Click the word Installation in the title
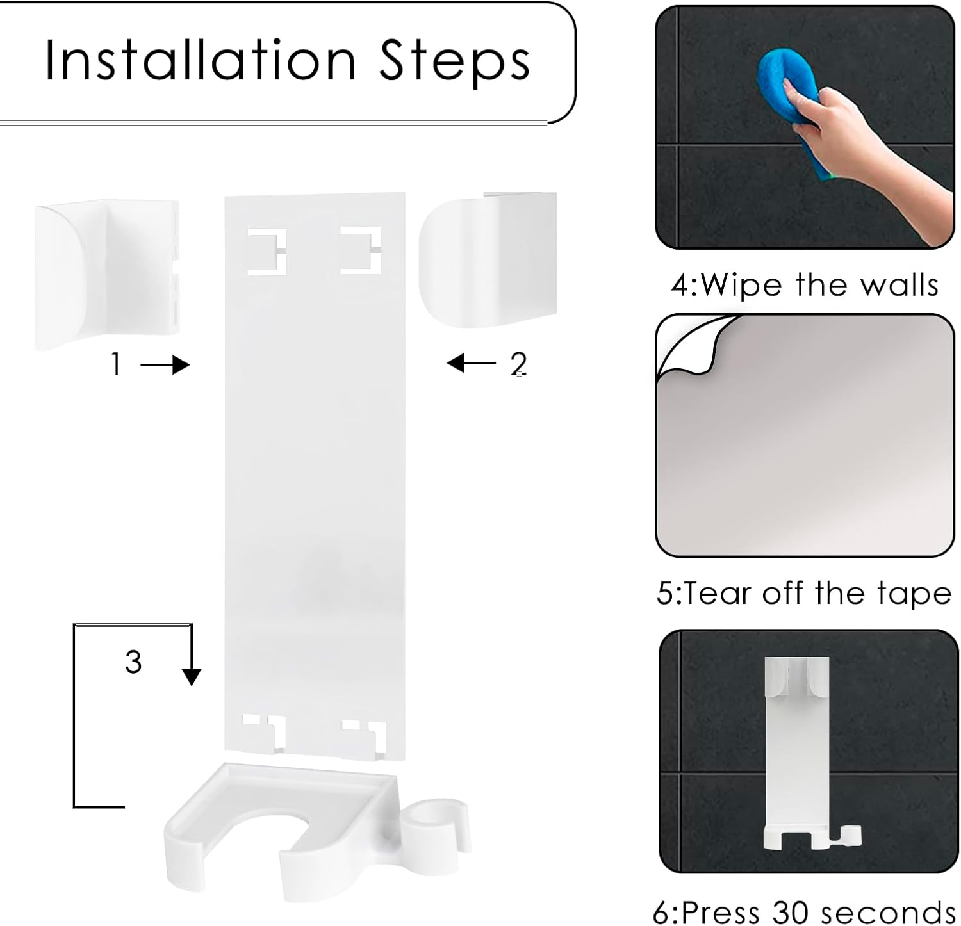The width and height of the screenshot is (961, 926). pyautogui.click(x=200, y=61)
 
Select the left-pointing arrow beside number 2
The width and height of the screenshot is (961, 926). pyautogui.click(x=471, y=363)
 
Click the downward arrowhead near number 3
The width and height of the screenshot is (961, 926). pyautogui.click(x=192, y=676)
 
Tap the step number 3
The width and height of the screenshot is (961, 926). pyautogui.click(x=133, y=662)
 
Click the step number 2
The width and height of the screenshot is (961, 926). pyautogui.click(x=518, y=364)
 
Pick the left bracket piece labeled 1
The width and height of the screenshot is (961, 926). pyautogui.click(x=106, y=274)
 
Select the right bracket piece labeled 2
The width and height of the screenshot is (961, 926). pyautogui.click(x=487, y=259)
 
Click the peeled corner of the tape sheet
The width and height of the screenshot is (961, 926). pyautogui.click(x=689, y=346)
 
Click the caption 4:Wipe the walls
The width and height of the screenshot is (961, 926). pyautogui.click(x=805, y=284)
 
